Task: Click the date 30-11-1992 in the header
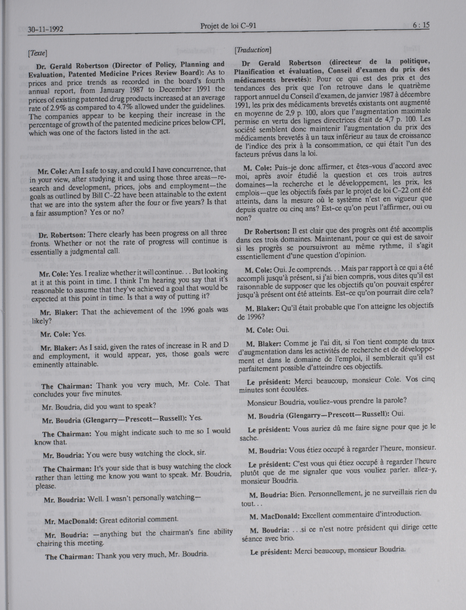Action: (x=45, y=29)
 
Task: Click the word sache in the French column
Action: (x=248, y=438)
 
